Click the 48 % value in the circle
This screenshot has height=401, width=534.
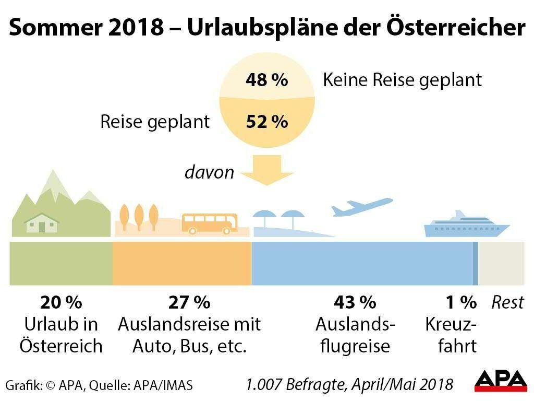click(266, 80)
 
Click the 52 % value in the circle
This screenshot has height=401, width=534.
click(266, 122)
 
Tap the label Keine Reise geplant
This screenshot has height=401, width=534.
click(402, 80)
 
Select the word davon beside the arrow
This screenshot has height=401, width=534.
click(210, 172)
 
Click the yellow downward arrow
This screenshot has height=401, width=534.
click(266, 170)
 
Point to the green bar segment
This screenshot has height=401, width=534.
click(61, 263)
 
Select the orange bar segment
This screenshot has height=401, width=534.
click(182, 263)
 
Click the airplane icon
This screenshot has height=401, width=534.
click(361, 207)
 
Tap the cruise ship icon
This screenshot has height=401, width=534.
click(466, 226)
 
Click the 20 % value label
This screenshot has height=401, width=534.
click(61, 302)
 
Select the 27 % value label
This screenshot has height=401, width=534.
click(189, 302)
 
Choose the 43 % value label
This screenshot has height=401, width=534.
click(355, 302)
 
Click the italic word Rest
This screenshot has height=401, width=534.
click(507, 303)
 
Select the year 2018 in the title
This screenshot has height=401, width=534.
click(137, 28)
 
